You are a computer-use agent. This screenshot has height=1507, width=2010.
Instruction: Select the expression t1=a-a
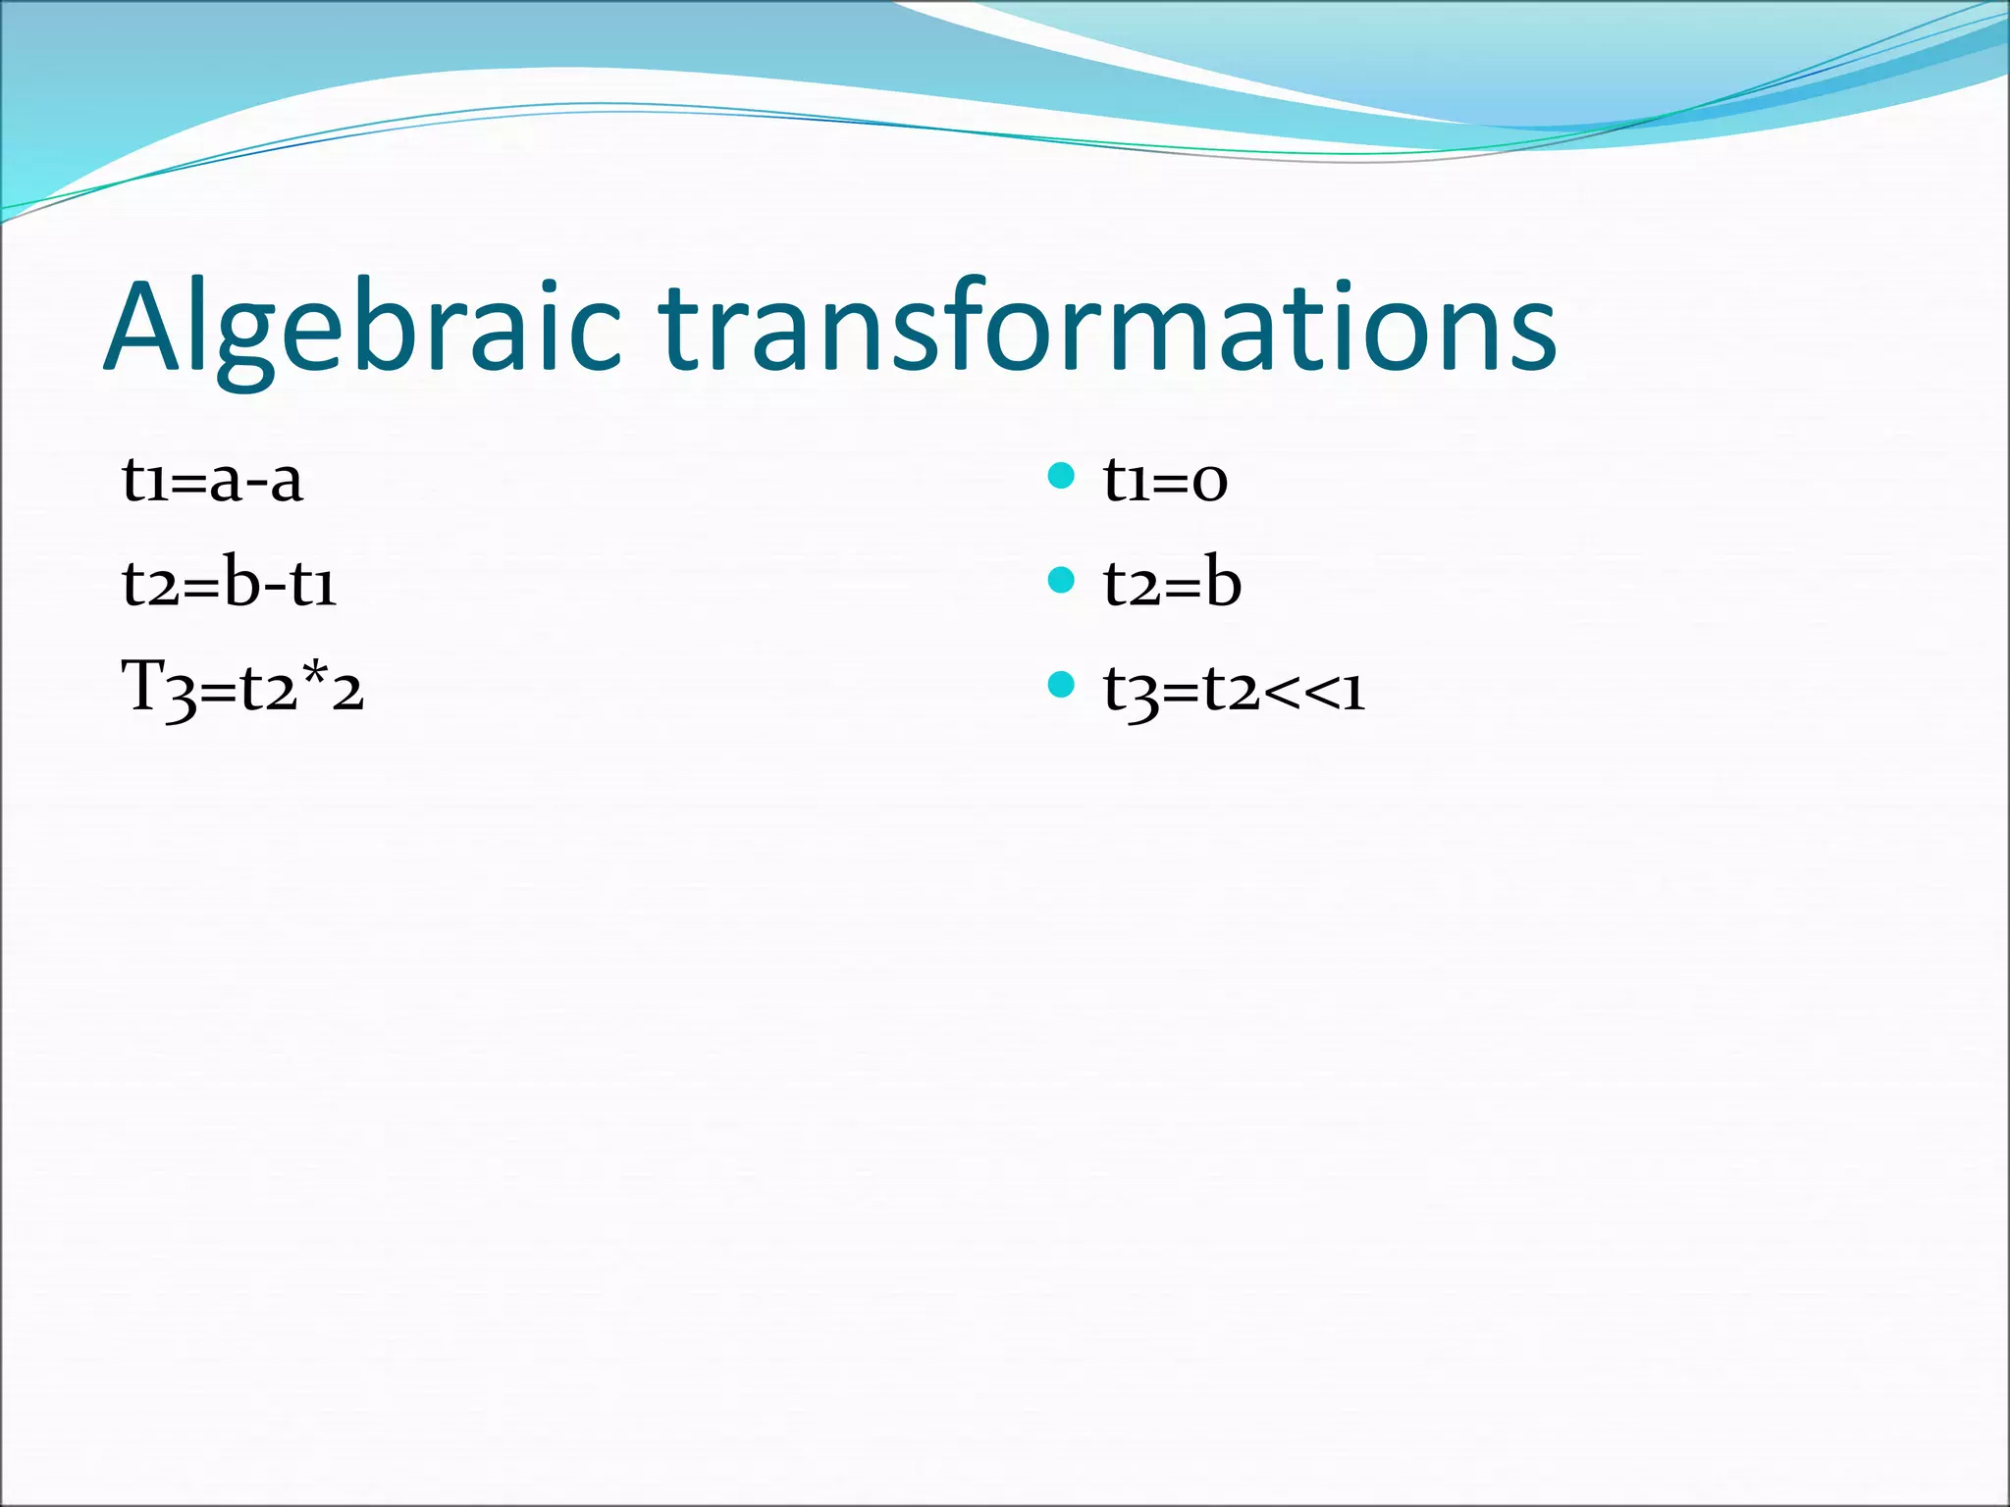click(x=212, y=482)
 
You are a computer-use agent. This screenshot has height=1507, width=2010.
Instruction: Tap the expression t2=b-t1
click(x=230, y=586)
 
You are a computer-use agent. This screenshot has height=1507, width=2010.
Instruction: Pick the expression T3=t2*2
click(x=242, y=688)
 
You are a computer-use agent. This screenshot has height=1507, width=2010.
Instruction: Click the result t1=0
click(x=1165, y=482)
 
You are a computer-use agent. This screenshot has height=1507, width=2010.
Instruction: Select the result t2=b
click(x=1172, y=586)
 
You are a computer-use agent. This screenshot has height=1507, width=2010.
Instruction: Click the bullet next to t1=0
click(x=1061, y=477)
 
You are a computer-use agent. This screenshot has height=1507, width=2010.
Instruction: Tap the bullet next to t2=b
click(x=1061, y=581)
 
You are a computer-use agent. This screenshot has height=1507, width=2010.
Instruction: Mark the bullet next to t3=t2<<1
click(x=1061, y=684)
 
